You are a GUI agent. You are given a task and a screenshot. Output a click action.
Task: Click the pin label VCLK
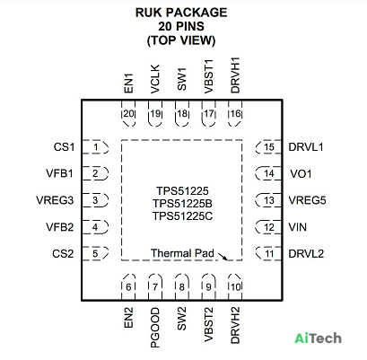click(x=155, y=79)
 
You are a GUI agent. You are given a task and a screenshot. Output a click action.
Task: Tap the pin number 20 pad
click(x=128, y=113)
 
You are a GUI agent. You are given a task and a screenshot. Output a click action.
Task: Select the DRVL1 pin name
click(x=306, y=147)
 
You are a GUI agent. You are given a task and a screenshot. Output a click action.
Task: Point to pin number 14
click(x=269, y=173)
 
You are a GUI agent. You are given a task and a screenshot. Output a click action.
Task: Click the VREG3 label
click(x=55, y=200)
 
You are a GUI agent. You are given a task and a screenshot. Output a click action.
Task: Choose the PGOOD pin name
click(x=155, y=328)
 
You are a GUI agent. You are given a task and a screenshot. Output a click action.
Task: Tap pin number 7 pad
click(x=155, y=287)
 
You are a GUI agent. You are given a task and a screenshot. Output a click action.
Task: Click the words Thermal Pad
click(x=182, y=253)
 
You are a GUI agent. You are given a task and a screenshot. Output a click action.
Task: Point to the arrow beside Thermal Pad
click(x=223, y=257)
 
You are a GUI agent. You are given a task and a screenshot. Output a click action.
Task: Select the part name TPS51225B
click(x=182, y=203)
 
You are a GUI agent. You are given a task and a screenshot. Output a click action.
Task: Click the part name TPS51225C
click(x=182, y=215)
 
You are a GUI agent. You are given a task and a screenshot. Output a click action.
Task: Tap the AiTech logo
click(x=318, y=338)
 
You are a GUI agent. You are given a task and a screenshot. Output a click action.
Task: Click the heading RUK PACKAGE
click(x=181, y=13)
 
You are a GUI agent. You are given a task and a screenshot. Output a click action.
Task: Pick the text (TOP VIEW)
click(x=181, y=40)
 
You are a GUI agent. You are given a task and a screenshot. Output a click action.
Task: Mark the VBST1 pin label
click(x=208, y=76)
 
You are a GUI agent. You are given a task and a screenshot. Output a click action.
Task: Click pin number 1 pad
click(x=95, y=147)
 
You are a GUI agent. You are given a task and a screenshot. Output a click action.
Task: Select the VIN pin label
click(x=298, y=227)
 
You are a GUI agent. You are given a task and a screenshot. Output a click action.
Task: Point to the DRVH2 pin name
click(x=235, y=325)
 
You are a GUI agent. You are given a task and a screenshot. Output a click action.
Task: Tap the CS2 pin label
click(x=63, y=253)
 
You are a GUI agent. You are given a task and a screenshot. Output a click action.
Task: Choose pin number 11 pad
click(x=268, y=253)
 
